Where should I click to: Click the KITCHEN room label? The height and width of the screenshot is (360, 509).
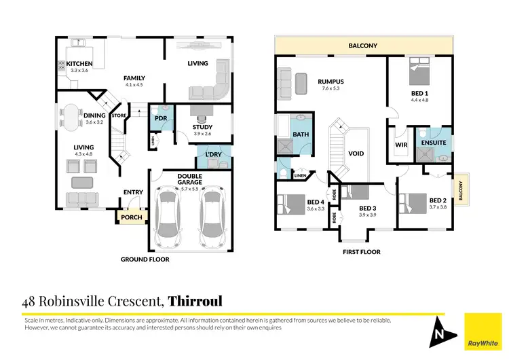79,64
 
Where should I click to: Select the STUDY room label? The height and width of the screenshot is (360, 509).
202,127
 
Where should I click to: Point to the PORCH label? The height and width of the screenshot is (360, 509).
128,218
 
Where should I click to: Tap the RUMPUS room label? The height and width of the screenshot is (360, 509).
331,82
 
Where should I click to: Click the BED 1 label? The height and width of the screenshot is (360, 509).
419,92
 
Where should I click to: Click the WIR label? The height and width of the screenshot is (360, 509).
400,144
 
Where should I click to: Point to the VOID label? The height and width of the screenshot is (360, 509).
356,154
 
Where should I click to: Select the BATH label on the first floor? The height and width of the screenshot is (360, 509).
301,134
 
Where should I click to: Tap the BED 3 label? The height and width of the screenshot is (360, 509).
366,208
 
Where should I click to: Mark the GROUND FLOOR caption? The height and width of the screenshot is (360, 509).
145,259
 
